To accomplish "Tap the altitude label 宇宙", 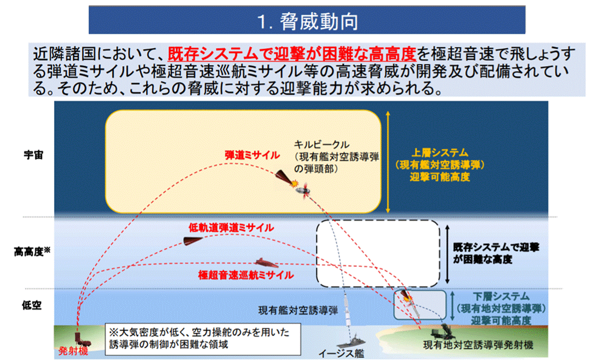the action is coord(33,155).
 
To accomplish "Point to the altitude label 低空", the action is coord(31,305).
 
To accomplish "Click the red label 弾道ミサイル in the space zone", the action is coord(252,155).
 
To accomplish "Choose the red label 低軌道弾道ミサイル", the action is coord(231,228).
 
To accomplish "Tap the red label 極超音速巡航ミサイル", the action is coord(246,275).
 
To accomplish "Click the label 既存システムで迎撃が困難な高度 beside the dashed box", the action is coord(496,253).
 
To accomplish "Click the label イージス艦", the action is coord(341,353).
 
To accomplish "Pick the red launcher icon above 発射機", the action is coord(82,339).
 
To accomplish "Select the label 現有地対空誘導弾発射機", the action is coord(478,345).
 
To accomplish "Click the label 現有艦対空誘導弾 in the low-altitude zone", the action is coord(298,311).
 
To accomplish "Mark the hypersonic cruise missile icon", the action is coord(266,263).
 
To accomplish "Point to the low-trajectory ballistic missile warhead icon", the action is coord(193,241).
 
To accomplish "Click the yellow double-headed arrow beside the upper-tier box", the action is coord(388,162).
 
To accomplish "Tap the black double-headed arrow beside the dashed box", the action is coord(447,254).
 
